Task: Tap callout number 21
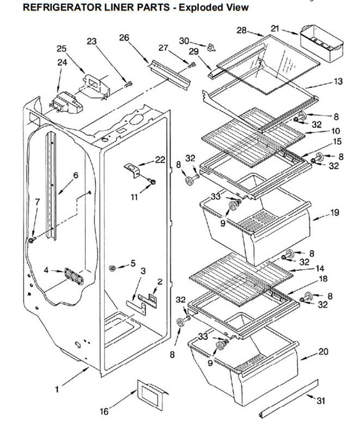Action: [x=275, y=28]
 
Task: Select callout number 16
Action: [x=104, y=411]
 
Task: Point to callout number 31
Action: [x=321, y=400]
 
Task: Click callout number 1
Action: [x=57, y=389]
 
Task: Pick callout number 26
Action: [x=125, y=37]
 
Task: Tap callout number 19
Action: [x=334, y=212]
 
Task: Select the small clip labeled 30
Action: [x=211, y=47]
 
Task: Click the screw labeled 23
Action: [x=128, y=83]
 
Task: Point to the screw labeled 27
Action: [x=192, y=65]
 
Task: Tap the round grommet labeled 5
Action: [x=112, y=268]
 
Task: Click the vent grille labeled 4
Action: [x=73, y=276]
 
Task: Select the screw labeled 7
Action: [x=31, y=240]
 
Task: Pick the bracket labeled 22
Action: [x=132, y=170]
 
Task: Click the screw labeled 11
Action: [x=153, y=182]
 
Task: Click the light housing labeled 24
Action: [x=66, y=103]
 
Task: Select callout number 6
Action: [x=75, y=175]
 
